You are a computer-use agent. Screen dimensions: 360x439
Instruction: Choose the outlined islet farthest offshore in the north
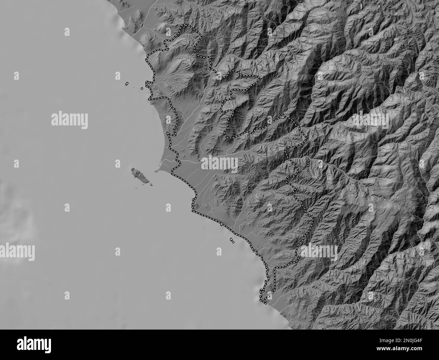point(127,83)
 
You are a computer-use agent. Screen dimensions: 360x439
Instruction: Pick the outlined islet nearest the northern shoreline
point(142,89)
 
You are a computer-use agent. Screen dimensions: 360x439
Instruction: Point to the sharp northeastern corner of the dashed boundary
point(283,115)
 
